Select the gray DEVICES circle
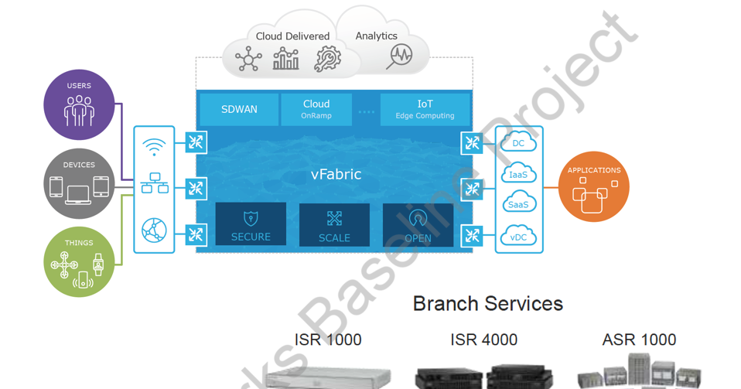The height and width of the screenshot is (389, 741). click(x=79, y=184)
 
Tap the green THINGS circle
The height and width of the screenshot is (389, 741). click(x=79, y=262)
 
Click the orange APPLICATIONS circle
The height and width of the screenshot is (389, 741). click(x=593, y=187)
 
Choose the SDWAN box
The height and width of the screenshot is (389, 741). click(x=239, y=110)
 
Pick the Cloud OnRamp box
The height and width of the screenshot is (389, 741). click(x=316, y=110)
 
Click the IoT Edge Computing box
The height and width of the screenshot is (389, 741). click(x=425, y=110)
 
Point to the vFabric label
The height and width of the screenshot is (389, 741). click(x=336, y=175)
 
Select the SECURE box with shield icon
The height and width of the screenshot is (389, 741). click(x=251, y=224)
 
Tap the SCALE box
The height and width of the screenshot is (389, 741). click(x=334, y=225)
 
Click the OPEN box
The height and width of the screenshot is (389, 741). click(x=418, y=225)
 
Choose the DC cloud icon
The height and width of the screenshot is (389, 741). click(x=518, y=143)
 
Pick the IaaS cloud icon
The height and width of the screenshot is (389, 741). click(x=518, y=174)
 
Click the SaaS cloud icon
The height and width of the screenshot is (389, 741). click(x=518, y=204)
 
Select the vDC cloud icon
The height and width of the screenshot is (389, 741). click(x=518, y=236)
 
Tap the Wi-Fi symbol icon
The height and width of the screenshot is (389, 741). click(x=155, y=147)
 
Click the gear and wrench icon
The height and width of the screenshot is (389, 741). click(x=327, y=60)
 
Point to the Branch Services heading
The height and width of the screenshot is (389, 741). click(x=487, y=303)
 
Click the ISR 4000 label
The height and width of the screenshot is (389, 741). click(x=483, y=340)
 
